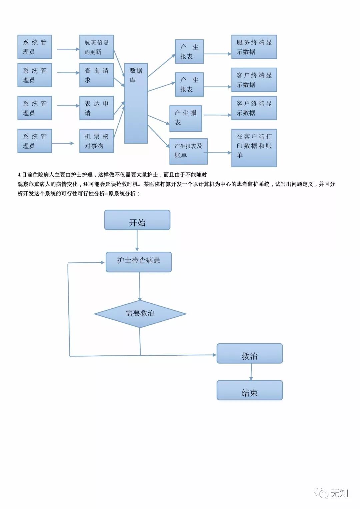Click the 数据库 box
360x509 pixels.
136,103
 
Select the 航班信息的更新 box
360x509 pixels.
97,47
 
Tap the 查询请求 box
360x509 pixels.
97,75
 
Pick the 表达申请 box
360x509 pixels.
97,108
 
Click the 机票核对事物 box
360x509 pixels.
97,141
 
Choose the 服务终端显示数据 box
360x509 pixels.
254,47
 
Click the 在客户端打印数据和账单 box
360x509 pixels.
254,148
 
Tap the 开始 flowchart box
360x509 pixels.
137,220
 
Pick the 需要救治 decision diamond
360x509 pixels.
140,314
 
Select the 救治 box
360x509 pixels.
250,354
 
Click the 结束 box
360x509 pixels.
250,390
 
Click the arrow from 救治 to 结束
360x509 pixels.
251,372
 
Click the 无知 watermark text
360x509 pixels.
339,493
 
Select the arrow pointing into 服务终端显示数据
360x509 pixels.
217,54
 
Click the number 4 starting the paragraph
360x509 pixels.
19,175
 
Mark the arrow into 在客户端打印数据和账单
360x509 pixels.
219,153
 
